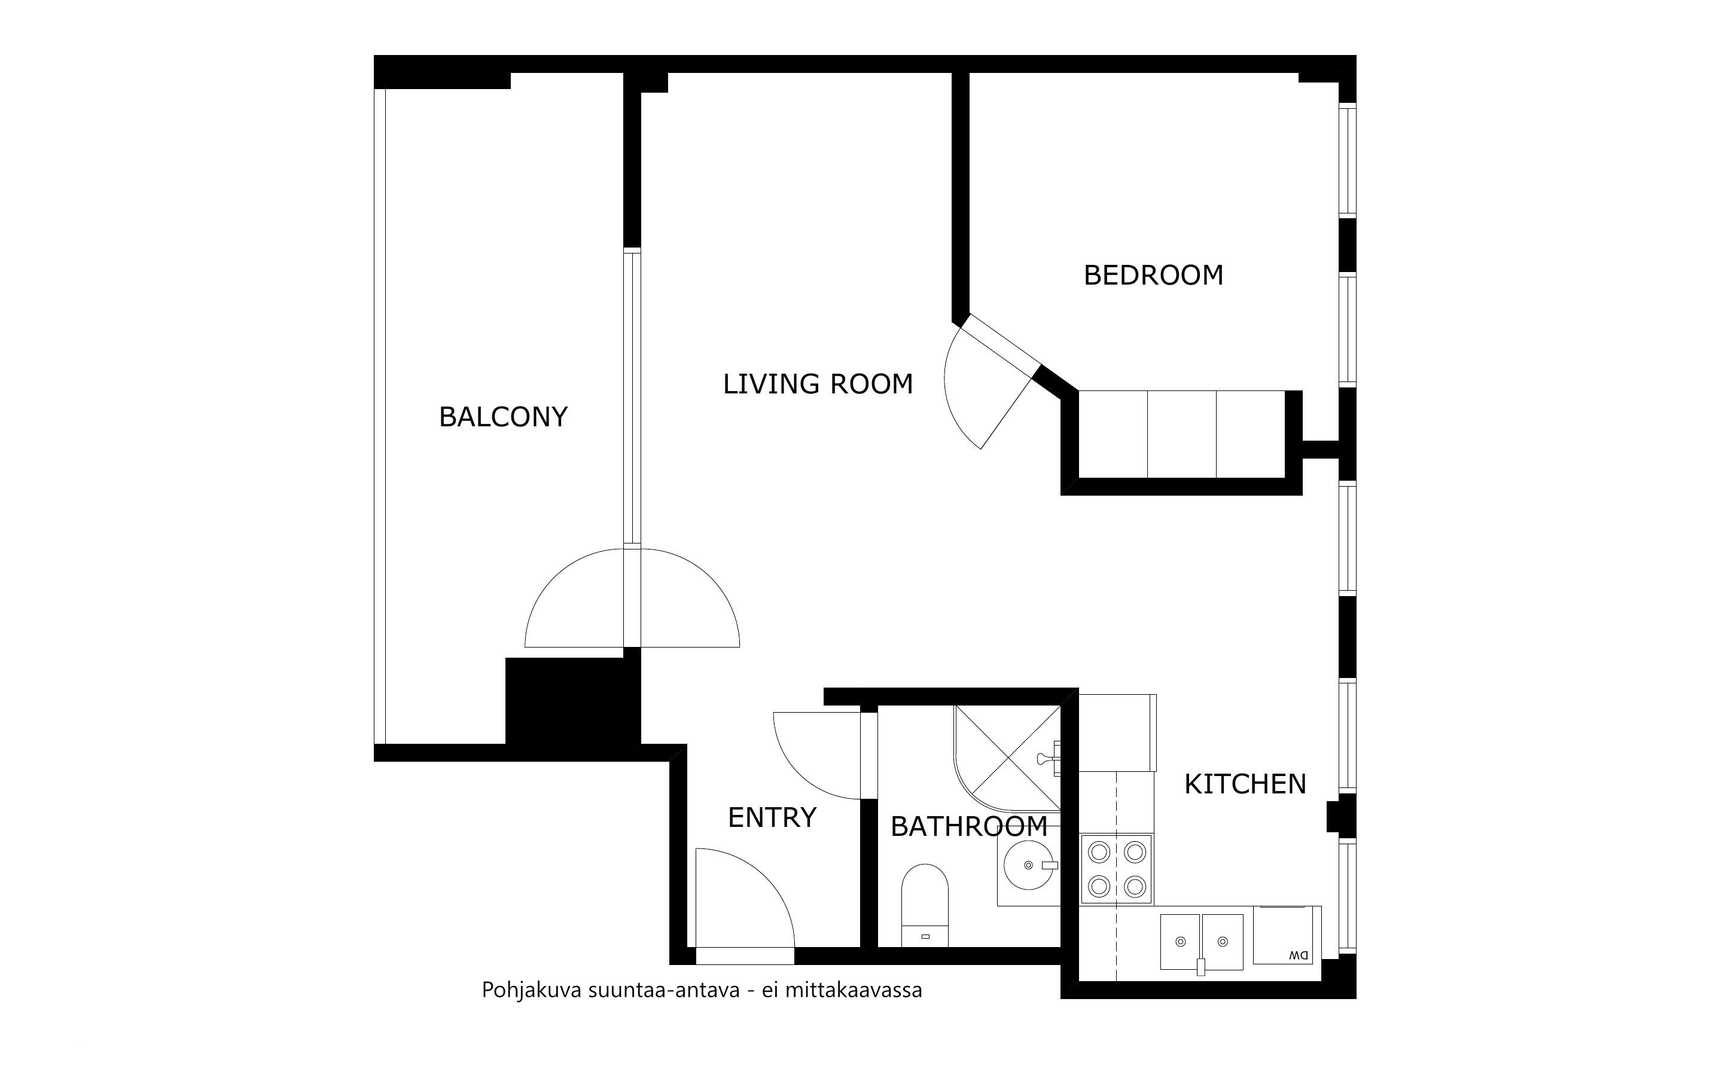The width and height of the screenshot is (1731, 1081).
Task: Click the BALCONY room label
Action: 504,417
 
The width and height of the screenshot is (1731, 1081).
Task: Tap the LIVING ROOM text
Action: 818,384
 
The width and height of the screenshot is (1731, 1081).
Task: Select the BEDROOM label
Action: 1153,275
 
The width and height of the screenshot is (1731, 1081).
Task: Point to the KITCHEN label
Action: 1245,784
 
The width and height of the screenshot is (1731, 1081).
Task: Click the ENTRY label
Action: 772,817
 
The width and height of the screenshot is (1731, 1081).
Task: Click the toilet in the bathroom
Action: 925,905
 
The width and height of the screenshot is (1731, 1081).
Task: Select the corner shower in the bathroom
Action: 1007,759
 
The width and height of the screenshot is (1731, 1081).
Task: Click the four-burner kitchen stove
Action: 1116,869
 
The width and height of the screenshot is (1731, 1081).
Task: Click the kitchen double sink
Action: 1201,942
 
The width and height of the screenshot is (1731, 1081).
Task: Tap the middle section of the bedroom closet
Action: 1181,434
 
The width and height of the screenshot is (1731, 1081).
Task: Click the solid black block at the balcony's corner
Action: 572,701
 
